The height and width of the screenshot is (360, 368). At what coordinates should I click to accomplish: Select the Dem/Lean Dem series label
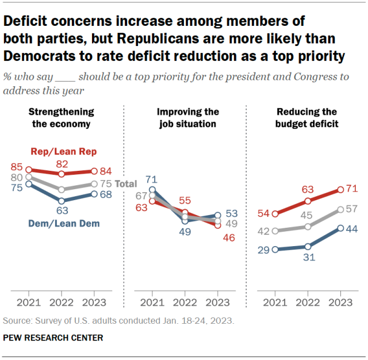tap(63, 224)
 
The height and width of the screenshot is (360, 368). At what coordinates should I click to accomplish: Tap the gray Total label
tap(126, 184)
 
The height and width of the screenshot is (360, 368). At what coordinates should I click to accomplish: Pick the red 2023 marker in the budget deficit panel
tap(340, 189)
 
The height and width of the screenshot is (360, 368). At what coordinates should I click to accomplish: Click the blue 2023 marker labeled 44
tap(340, 228)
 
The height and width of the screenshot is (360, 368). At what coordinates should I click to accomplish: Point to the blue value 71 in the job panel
tap(152, 179)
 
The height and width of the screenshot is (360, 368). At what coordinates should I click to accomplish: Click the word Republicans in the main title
tap(202, 39)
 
